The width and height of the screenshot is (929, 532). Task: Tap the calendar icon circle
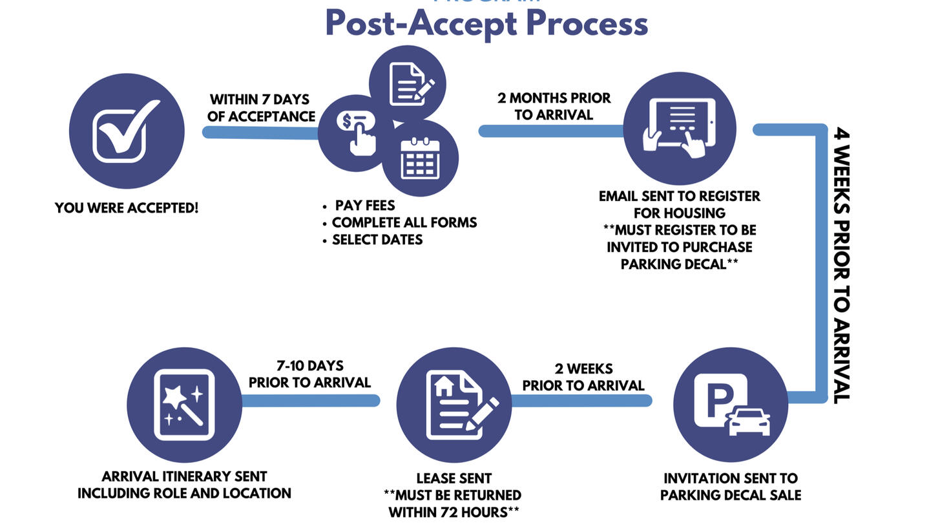pyautogui.click(x=421, y=158)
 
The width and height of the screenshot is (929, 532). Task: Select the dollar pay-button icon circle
pyautogui.click(x=355, y=133)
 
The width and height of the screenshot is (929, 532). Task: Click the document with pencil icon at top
pyautogui.click(x=408, y=83)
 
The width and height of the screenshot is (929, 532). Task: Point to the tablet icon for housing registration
pyautogui.click(x=679, y=128)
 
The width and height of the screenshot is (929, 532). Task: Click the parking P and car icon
pyautogui.click(x=731, y=405)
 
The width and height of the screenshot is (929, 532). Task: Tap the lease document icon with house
pyautogui.click(x=454, y=405)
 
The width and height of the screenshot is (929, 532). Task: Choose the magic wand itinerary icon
pyautogui.click(x=185, y=405)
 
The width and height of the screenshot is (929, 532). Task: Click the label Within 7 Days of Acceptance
pyautogui.click(x=260, y=108)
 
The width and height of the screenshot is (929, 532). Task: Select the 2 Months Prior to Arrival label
pyautogui.click(x=554, y=106)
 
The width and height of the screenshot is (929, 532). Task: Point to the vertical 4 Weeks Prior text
pyautogui.click(x=840, y=265)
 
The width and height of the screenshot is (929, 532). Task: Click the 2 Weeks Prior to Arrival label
pyautogui.click(x=583, y=377)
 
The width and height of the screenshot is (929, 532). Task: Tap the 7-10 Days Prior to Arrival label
pyautogui.click(x=309, y=374)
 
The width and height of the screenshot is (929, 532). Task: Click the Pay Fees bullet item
pyautogui.click(x=364, y=206)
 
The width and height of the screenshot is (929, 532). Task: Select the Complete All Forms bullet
pyautogui.click(x=404, y=222)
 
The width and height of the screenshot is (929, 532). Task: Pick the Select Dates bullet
pyautogui.click(x=377, y=240)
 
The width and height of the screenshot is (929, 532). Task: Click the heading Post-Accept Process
pyautogui.click(x=486, y=23)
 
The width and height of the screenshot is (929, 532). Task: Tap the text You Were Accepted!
pyautogui.click(x=127, y=208)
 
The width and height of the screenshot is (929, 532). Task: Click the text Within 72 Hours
pyautogui.click(x=454, y=513)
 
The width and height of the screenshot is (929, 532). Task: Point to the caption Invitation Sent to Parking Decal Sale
pyautogui.click(x=730, y=487)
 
